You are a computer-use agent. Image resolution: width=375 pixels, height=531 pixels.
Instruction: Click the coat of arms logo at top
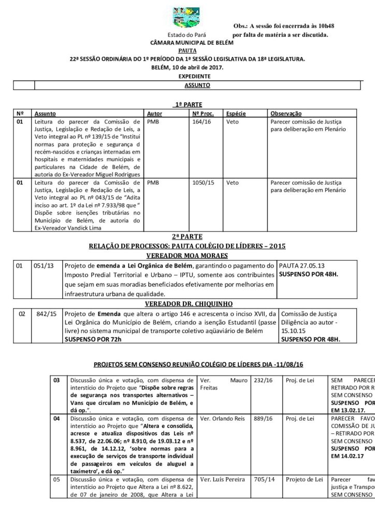click(187, 17)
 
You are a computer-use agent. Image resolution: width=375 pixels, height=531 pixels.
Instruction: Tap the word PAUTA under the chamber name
click(187, 51)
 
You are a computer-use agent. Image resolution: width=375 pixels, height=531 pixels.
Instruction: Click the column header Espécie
click(236, 113)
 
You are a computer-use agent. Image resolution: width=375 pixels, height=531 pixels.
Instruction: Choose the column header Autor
click(155, 113)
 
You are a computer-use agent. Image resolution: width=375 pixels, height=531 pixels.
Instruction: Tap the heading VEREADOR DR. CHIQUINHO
click(187, 303)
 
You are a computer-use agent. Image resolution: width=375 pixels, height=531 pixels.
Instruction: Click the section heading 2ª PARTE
click(187, 236)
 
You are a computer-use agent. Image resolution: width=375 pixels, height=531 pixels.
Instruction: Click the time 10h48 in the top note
click(322, 25)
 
